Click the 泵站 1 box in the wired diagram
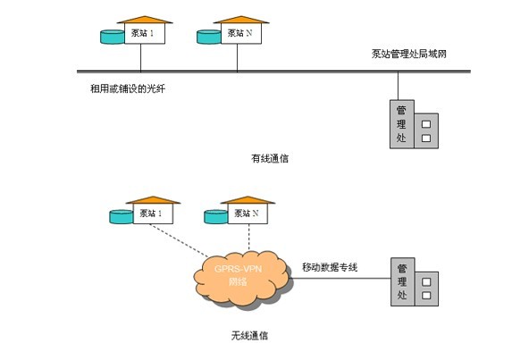(145, 33)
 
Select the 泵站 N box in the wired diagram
(241, 33)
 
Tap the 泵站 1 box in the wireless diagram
(153, 213)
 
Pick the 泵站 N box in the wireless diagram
(248, 213)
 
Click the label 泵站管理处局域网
(409, 54)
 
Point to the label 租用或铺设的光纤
(128, 88)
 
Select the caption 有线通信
(270, 159)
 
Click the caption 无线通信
(250, 336)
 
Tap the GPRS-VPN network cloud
(241, 279)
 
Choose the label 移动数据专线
(330, 267)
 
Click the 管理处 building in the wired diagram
(414, 124)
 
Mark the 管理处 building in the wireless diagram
(415, 282)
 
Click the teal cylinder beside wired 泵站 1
(113, 37)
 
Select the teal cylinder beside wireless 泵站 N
(216, 217)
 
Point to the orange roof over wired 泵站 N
(241, 20)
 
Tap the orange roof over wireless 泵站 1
(153, 200)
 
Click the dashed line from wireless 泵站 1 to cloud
(179, 240)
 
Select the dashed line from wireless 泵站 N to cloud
(249, 238)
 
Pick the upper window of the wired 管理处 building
(426, 124)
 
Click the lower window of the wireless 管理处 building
(426, 296)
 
